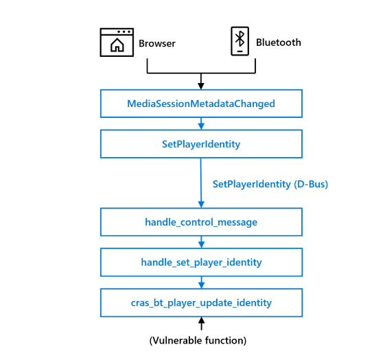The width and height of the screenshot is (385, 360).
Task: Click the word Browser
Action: pos(157,43)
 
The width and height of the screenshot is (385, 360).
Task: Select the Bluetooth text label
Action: pos(279,43)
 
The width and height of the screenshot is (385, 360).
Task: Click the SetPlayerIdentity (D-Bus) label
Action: pos(270,184)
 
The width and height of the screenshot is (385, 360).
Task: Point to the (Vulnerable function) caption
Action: pos(198,341)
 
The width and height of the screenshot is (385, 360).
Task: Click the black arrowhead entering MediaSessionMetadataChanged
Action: pos(201,86)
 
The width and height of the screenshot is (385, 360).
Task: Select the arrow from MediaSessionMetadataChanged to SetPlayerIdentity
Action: pos(201,123)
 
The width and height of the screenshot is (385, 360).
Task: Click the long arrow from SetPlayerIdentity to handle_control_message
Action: pos(201,183)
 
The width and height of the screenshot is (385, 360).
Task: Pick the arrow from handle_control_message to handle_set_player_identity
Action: pos(201,242)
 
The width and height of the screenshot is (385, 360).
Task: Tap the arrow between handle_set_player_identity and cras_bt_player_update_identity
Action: pos(201,283)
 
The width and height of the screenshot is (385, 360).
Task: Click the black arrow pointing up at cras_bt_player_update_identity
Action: pos(201,324)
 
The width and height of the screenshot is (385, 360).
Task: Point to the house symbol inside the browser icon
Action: pos(117,45)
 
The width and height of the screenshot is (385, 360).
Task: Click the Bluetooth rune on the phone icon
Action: pos(240,38)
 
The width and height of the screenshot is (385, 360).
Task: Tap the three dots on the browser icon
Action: pos(124,32)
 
